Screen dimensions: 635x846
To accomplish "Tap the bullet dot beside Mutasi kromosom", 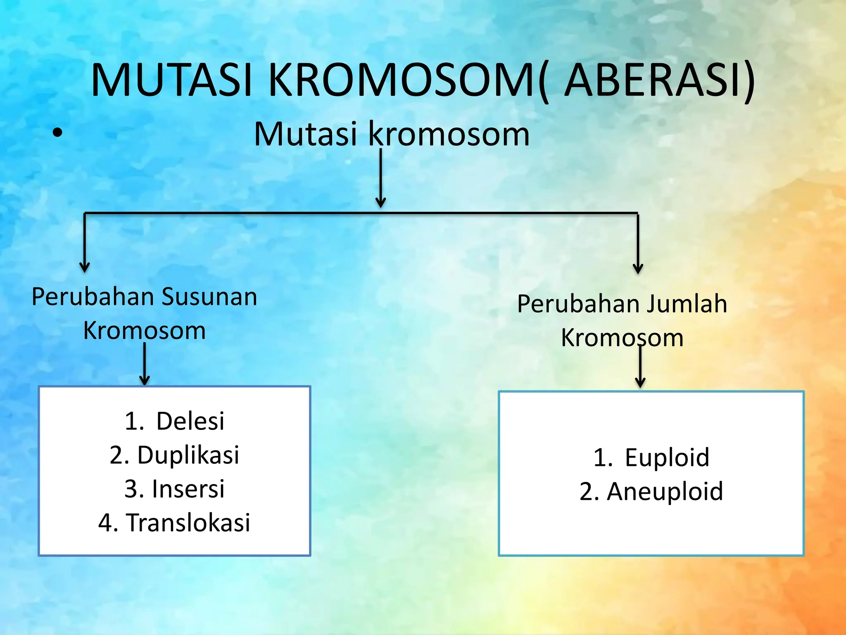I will tap(58, 133).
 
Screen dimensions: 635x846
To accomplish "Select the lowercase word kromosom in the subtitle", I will tap(448, 134).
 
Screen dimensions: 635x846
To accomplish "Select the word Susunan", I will tap(209, 297).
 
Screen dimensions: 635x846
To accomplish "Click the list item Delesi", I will tap(190, 421).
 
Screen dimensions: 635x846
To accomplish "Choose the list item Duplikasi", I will tap(188, 455).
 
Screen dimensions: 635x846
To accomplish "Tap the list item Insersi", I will tap(188, 489).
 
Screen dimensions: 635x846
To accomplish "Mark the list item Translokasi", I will tap(188, 523).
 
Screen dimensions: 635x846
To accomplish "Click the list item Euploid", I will tap(667, 458).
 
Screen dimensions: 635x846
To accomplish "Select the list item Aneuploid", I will tap(665, 492).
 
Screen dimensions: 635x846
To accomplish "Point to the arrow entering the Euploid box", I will tap(640, 368).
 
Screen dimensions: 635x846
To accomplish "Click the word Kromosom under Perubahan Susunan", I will tap(145, 331).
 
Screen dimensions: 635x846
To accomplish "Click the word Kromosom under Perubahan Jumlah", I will tap(622, 338).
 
